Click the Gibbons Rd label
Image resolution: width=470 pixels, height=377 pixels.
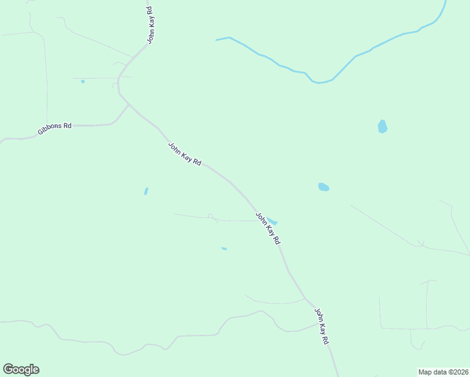point(55,126)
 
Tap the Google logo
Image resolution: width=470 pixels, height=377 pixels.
point(21,369)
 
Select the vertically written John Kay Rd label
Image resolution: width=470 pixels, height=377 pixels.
point(151,25)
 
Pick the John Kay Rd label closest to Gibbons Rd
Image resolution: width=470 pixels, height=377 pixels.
point(184,154)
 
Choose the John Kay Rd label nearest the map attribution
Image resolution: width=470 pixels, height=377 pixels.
point(322,325)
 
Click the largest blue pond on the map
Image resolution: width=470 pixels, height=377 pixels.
point(382,126)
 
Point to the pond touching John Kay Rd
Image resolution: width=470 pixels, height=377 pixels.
point(272,221)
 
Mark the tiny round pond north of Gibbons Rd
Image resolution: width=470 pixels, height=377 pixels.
point(82,81)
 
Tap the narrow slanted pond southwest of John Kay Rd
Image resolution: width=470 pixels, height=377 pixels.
point(146,191)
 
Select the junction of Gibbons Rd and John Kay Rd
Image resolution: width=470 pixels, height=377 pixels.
point(129,105)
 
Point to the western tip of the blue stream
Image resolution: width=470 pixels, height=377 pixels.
point(217,40)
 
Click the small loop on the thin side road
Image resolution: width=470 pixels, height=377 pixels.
point(210,216)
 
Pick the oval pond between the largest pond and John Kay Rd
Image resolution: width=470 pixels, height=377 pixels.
point(324,187)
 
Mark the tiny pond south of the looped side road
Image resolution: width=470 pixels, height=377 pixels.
point(224,249)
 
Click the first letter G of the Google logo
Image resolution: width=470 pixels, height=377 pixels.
point(9,369)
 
